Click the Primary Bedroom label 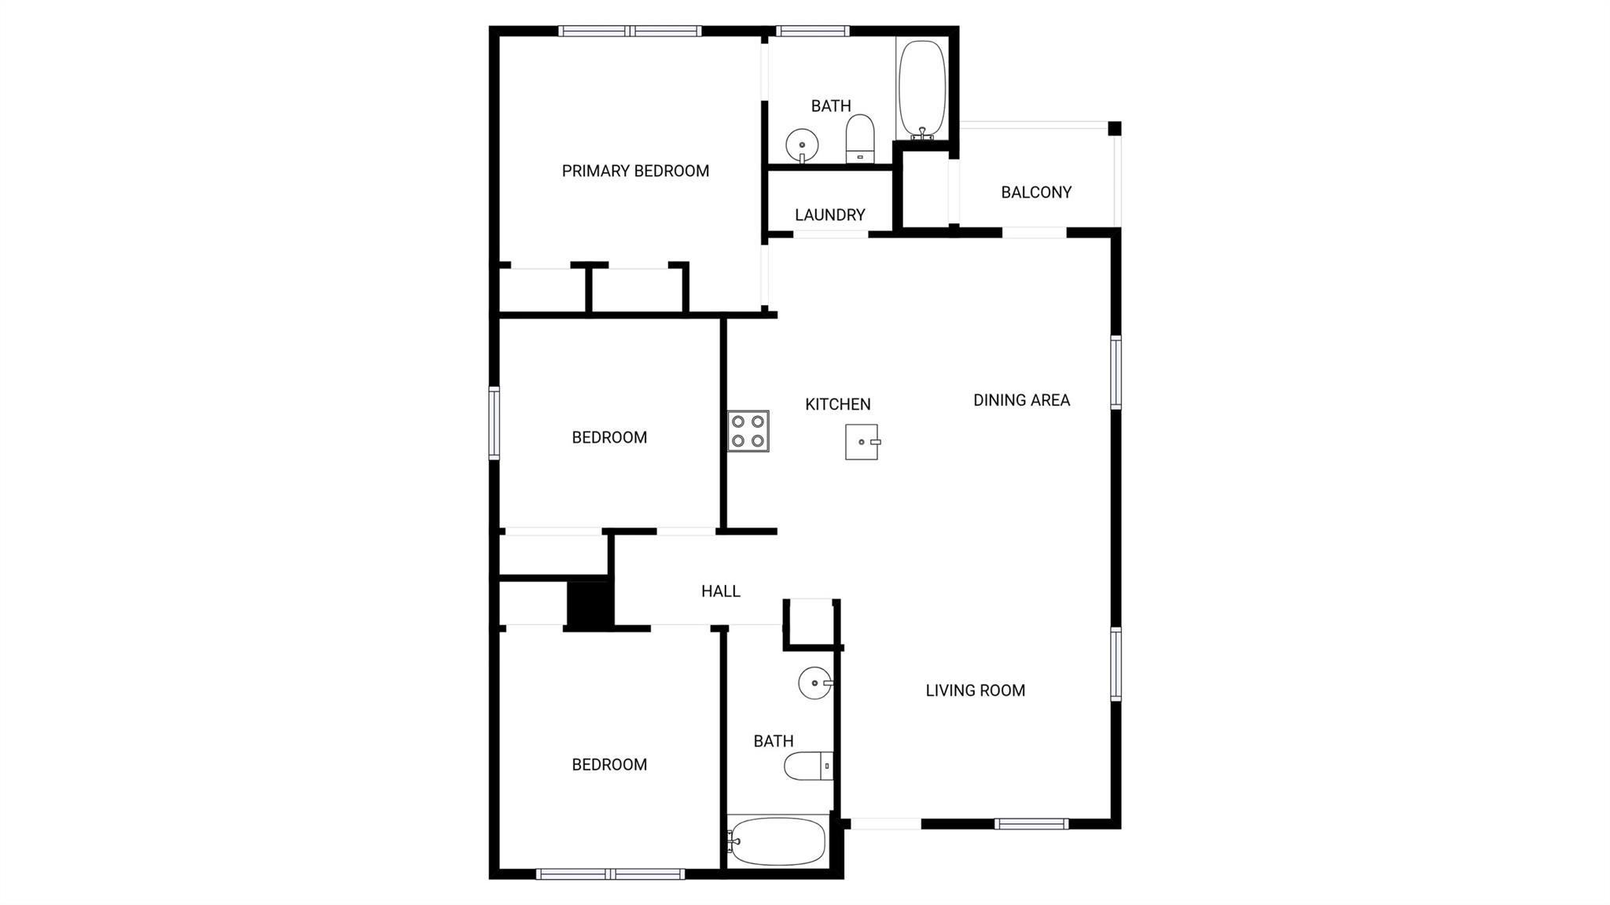(635, 171)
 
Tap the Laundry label (829, 215)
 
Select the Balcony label (1036, 192)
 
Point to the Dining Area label (1021, 399)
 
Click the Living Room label (975, 690)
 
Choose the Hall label (721, 591)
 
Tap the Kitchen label (838, 404)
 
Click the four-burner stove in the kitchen (748, 431)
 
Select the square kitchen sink (862, 442)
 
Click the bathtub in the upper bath (921, 90)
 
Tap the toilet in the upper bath (860, 139)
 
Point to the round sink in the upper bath (802, 145)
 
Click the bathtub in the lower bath (777, 841)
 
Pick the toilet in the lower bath (808, 766)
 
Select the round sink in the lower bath (815, 682)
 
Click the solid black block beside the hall (590, 605)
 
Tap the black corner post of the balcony (1115, 128)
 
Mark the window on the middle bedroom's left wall (494, 423)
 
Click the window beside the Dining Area (1116, 373)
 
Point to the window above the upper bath (813, 31)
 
